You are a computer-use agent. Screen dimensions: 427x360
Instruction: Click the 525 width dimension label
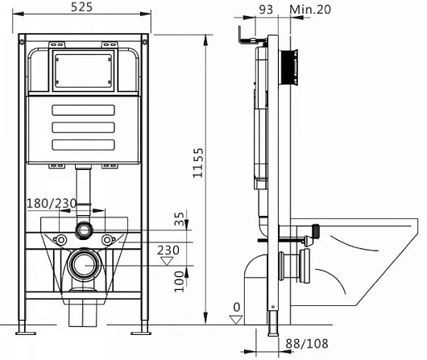pyautogui.click(x=81, y=7)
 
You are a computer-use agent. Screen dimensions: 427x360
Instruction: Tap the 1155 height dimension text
pyautogui.click(x=198, y=163)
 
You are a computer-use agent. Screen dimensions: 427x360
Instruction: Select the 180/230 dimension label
pyautogui.click(x=52, y=204)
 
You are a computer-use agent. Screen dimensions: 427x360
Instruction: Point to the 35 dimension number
pyautogui.click(x=180, y=219)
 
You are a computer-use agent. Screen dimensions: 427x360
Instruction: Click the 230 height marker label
pyautogui.click(x=168, y=250)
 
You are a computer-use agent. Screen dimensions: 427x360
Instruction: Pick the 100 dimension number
pyautogui.click(x=179, y=281)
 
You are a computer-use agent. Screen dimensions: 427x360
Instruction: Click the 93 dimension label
pyautogui.click(x=266, y=10)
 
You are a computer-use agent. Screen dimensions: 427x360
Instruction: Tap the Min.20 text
pyautogui.click(x=310, y=10)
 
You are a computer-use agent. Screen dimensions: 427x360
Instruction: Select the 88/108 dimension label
pyautogui.click(x=307, y=344)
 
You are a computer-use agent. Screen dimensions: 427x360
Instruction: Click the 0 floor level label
pyautogui.click(x=237, y=308)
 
